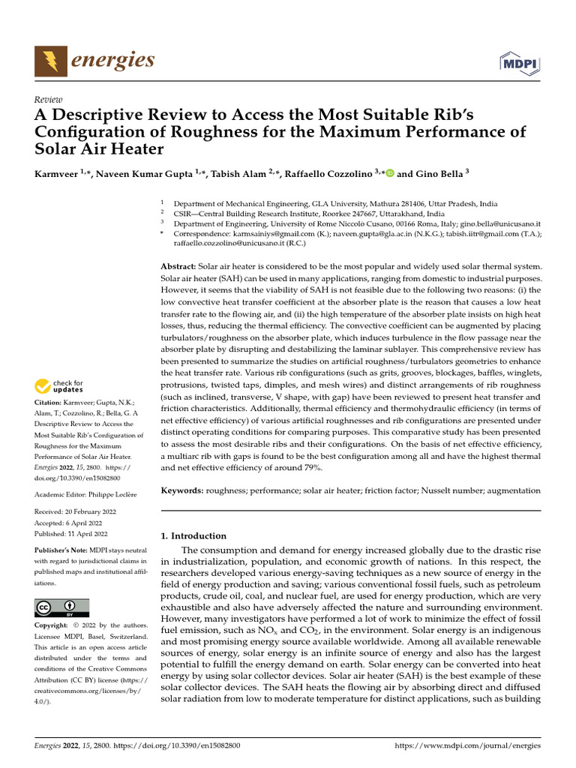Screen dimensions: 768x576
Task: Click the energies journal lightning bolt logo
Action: pyautogui.click(x=51, y=61)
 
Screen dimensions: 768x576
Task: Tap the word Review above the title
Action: pyautogui.click(x=48, y=99)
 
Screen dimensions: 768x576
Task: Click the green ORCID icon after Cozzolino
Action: pyautogui.click(x=389, y=172)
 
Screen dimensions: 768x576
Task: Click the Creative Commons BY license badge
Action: pyautogui.click(x=61, y=607)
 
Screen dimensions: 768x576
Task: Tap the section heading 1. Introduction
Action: pyautogui.click(x=194, y=536)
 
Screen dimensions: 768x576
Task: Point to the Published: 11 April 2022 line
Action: pyautogui.click(x=71, y=534)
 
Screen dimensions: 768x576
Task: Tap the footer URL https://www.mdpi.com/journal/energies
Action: pyautogui.click(x=467, y=746)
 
